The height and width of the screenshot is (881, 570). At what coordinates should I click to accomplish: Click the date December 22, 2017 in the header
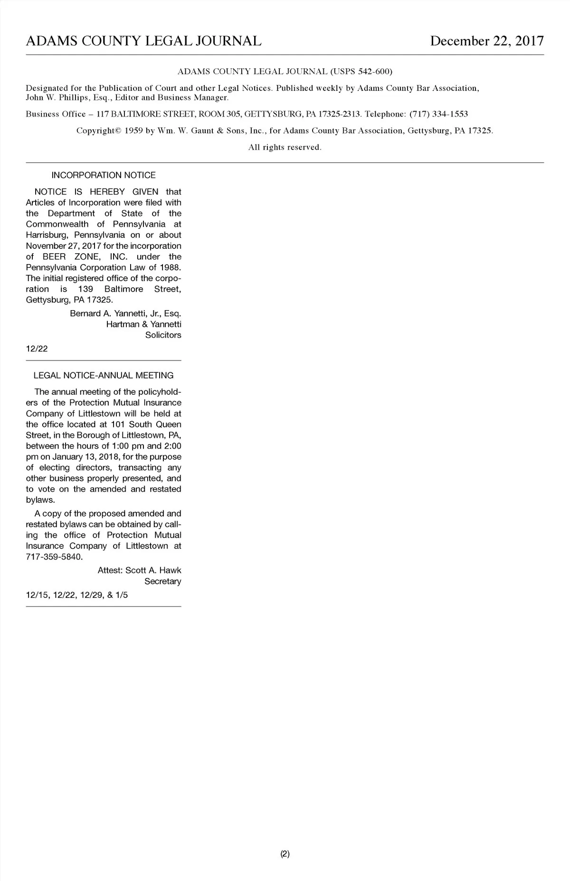click(x=486, y=41)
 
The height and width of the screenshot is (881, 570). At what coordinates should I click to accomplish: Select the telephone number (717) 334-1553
click(x=438, y=114)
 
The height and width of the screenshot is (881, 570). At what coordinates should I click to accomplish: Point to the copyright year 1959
click(x=133, y=131)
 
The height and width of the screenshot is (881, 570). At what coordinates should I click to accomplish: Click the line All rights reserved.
click(x=285, y=147)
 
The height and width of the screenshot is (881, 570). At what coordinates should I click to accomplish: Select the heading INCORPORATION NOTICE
click(x=103, y=175)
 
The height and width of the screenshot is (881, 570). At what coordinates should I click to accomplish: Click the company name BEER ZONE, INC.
click(x=88, y=257)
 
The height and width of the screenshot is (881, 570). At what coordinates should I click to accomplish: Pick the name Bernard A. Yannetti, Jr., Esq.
click(x=125, y=313)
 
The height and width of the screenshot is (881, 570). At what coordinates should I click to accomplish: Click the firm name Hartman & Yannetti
click(x=143, y=324)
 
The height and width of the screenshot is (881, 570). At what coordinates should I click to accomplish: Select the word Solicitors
click(x=163, y=335)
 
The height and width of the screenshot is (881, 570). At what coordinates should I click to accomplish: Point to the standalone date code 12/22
click(x=37, y=349)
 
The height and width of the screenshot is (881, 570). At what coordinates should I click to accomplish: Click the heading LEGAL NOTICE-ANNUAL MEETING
click(x=103, y=376)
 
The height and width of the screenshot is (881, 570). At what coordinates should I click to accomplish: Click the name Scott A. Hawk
click(x=153, y=570)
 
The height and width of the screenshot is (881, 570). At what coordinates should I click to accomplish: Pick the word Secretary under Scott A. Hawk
click(x=162, y=581)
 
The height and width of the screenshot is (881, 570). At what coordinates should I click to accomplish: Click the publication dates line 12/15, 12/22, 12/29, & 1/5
click(x=76, y=595)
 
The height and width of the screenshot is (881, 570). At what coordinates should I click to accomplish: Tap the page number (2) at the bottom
click(x=285, y=854)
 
